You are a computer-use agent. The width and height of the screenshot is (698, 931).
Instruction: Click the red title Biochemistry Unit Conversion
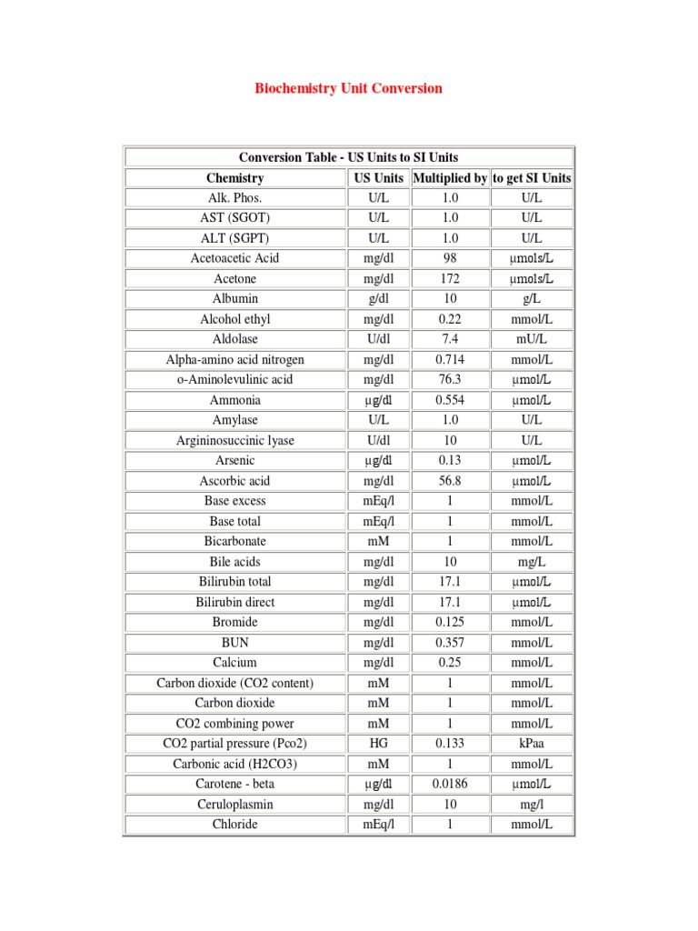pos(348,88)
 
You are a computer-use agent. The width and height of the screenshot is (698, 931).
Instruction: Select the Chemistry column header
pos(234,178)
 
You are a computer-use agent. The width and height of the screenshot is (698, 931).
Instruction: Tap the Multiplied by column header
pos(449,178)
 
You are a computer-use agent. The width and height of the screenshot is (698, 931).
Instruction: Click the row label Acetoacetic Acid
pos(234,258)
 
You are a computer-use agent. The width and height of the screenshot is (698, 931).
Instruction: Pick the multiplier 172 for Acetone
pos(449,278)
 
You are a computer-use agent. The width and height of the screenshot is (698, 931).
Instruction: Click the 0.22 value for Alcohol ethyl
pos(449,319)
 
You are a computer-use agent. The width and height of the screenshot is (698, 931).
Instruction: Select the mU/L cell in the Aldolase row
pos(532,339)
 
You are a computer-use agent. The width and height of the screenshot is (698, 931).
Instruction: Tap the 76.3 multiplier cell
pos(449,379)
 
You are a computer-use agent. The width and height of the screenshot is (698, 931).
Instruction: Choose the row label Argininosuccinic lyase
pos(234,440)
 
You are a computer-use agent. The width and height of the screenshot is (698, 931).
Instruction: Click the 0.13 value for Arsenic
pos(449,460)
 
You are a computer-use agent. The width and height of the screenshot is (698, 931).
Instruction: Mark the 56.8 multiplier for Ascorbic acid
pos(449,481)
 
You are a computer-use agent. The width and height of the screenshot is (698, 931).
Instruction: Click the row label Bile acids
pos(234,562)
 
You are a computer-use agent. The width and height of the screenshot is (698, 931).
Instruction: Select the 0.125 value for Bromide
pos(449,622)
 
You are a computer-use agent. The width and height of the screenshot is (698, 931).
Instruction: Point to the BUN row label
pos(234,643)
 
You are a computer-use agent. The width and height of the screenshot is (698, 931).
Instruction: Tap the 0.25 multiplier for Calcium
pos(449,663)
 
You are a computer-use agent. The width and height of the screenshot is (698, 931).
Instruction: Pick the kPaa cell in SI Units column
pos(532,744)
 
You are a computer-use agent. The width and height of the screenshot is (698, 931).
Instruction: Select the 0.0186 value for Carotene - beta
pos(449,784)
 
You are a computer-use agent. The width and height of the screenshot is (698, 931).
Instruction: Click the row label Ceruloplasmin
pos(234,805)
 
